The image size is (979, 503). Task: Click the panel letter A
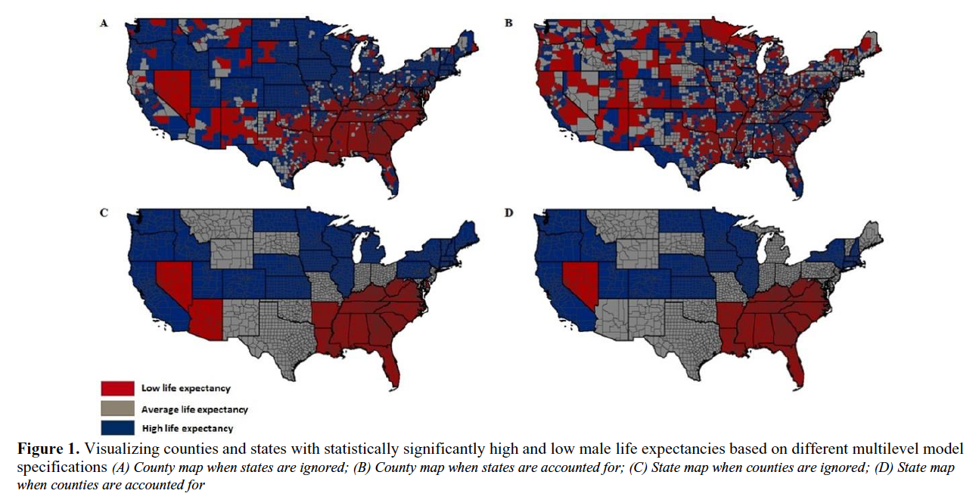[104, 23]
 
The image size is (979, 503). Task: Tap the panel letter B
[509, 23]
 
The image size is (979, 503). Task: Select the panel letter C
[104, 213]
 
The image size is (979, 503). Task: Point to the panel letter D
[509, 213]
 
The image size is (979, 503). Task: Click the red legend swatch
[113, 388]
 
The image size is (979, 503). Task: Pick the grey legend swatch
[113, 409]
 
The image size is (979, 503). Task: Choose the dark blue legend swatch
[113, 429]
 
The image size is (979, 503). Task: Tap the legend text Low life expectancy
[185, 388]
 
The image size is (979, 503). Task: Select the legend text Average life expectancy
[194, 409]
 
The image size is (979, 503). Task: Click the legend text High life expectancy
[187, 429]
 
